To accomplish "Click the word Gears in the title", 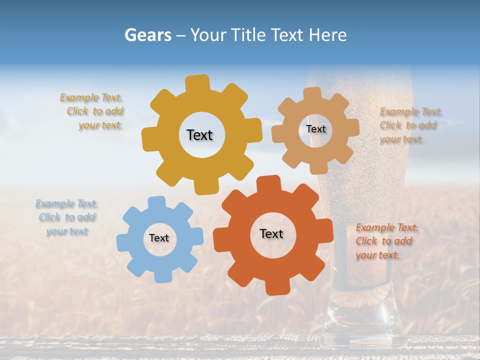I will pos(147,35).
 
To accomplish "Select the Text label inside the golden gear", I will pos(199,135).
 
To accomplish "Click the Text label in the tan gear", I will pos(315,129).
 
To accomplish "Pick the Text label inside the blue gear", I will pos(159,238).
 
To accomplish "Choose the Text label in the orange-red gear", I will pos(271,233).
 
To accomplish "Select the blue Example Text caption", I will pos(67,217).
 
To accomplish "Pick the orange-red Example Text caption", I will pos(386,241).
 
